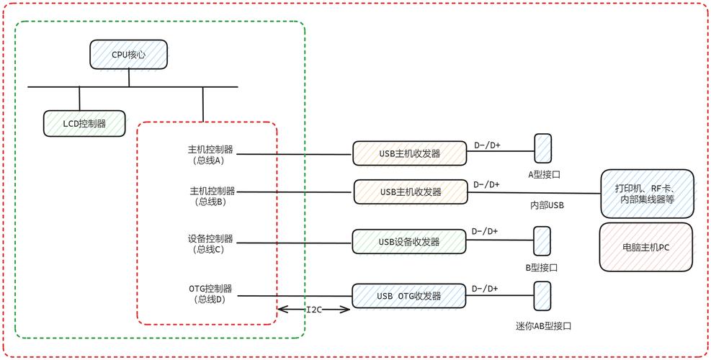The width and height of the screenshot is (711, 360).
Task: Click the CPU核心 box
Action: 129,54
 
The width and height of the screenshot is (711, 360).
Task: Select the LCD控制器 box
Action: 84,123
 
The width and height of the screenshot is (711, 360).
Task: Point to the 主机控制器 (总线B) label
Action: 212,196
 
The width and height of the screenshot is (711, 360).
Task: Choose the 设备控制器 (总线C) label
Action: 210,243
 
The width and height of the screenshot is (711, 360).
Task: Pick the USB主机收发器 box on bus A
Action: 409,153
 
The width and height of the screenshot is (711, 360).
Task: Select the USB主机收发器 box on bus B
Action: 410,192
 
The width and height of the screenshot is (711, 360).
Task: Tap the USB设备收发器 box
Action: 408,242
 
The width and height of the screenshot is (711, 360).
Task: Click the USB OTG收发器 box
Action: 408,296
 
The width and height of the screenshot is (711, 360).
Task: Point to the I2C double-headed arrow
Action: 314,310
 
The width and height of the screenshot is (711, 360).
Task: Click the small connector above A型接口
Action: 542,148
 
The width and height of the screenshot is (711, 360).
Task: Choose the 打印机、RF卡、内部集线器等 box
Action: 647,194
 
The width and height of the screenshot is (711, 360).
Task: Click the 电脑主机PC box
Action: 645,247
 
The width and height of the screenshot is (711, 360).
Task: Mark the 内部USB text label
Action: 547,205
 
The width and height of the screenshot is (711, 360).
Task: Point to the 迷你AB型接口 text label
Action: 543,326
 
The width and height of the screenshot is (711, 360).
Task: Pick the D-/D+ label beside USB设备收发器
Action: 484,231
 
